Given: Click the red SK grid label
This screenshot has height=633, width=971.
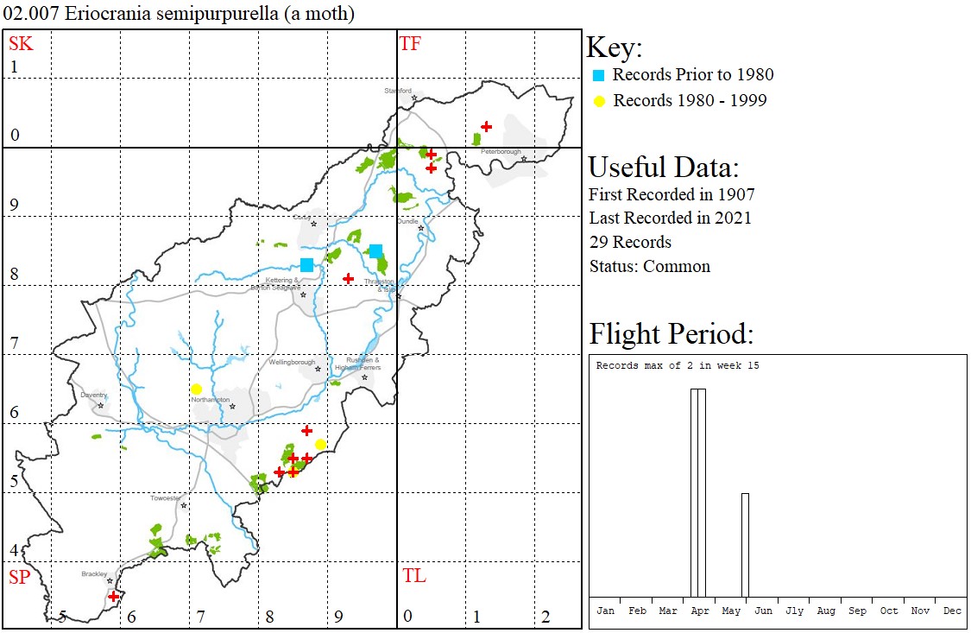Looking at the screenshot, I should [21, 44].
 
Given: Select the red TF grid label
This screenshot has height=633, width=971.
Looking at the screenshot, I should [410, 44].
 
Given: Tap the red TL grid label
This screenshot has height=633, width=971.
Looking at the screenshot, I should [414, 576].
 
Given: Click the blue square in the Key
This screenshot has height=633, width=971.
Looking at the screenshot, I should [599, 75].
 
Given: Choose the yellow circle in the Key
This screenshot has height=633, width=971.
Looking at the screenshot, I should [599, 101].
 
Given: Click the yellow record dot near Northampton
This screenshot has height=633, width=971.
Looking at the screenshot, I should [196, 389].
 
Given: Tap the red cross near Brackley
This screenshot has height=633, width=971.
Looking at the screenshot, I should [114, 596].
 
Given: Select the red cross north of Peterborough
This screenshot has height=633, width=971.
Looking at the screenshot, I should [486, 127].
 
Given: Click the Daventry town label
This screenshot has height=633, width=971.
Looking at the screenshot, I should [93, 395].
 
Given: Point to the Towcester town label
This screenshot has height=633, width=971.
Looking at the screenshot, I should [166, 498].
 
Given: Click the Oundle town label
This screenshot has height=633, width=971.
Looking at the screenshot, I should [407, 221].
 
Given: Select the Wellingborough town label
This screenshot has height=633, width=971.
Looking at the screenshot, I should [292, 363].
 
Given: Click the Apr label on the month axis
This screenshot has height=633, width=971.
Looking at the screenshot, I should [699, 611].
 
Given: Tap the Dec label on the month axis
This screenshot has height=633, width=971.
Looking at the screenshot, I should [951, 611].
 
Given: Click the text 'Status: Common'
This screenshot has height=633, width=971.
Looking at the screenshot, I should [649, 266].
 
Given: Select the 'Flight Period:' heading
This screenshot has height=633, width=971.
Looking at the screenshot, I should [671, 333].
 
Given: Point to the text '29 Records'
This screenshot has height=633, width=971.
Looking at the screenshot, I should [630, 242].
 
